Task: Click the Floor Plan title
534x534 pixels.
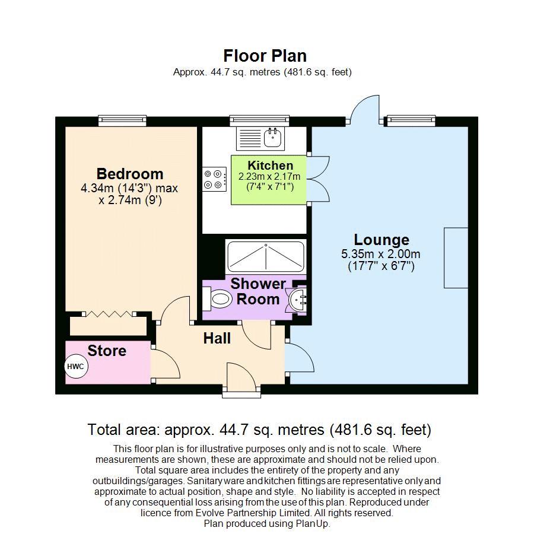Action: [x=265, y=56]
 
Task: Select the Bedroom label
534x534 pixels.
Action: [x=130, y=174]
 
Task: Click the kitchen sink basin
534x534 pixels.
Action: [x=272, y=137]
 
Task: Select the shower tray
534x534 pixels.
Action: [x=266, y=256]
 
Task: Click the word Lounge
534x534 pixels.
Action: [x=382, y=240]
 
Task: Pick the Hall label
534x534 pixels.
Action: [x=217, y=338]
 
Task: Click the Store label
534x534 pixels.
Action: [x=107, y=351]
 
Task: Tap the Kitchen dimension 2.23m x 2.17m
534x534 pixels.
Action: [x=269, y=177]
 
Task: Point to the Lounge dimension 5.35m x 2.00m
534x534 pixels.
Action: [x=381, y=254]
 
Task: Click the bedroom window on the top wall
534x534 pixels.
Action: [x=123, y=120]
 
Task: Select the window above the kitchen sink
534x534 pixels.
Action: [x=259, y=120]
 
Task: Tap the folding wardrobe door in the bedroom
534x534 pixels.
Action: [x=109, y=314]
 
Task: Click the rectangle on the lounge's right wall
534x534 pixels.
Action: [x=456, y=258]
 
